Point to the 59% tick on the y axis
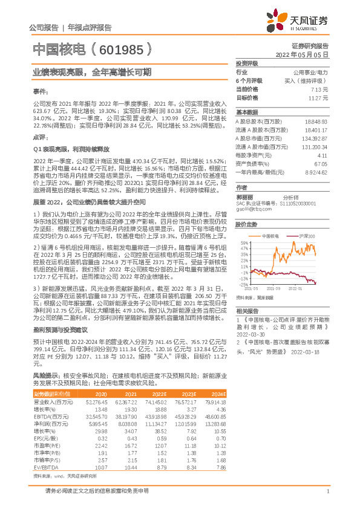243,242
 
